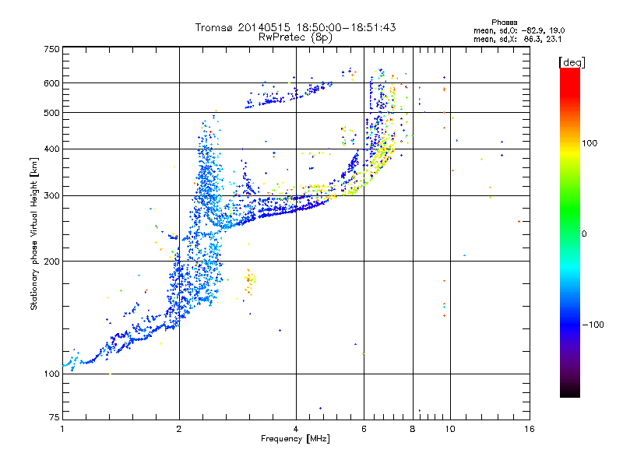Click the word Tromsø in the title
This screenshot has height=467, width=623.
214,27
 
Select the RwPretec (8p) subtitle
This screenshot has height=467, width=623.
296,37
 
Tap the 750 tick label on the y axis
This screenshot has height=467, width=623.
51,49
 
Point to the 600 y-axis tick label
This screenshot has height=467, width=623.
51,83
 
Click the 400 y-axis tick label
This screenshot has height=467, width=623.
51,149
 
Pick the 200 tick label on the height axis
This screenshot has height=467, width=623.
51,261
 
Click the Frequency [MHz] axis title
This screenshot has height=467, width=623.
296,439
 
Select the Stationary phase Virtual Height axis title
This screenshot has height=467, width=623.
34,233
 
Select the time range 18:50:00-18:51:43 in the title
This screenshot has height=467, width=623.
343,27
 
